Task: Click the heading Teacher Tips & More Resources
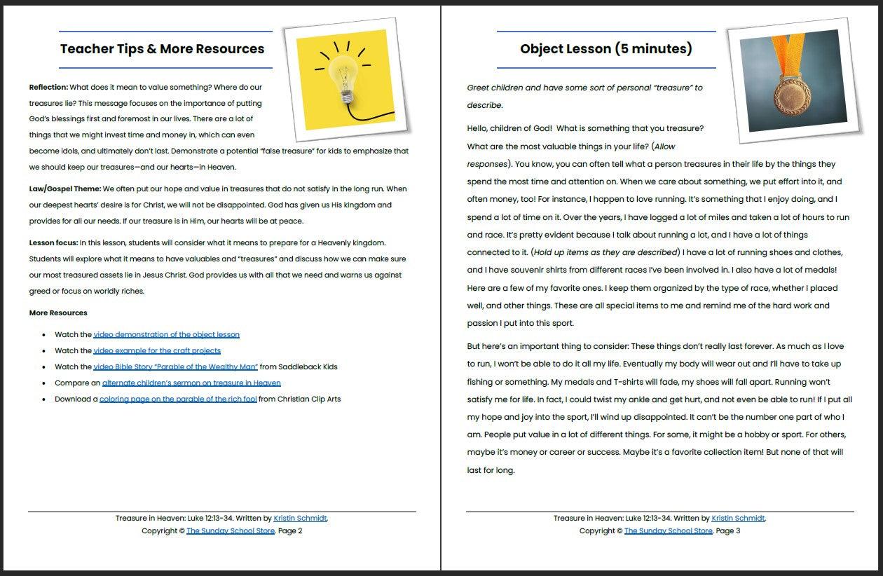pos(162,49)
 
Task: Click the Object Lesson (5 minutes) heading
pos(605,49)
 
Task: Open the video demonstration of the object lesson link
pos(166,335)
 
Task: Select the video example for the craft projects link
pos(157,350)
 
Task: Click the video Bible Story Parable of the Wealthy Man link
pos(175,366)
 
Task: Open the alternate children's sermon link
pos(191,383)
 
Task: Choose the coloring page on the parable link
pos(178,399)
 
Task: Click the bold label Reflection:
pos(48,88)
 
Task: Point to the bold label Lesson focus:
pos(53,243)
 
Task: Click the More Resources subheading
pos(58,313)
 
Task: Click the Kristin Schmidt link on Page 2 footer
pos(300,519)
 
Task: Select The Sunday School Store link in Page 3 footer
pos(668,531)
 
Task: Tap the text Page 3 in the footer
pos(728,531)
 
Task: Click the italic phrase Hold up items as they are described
pos(606,252)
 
